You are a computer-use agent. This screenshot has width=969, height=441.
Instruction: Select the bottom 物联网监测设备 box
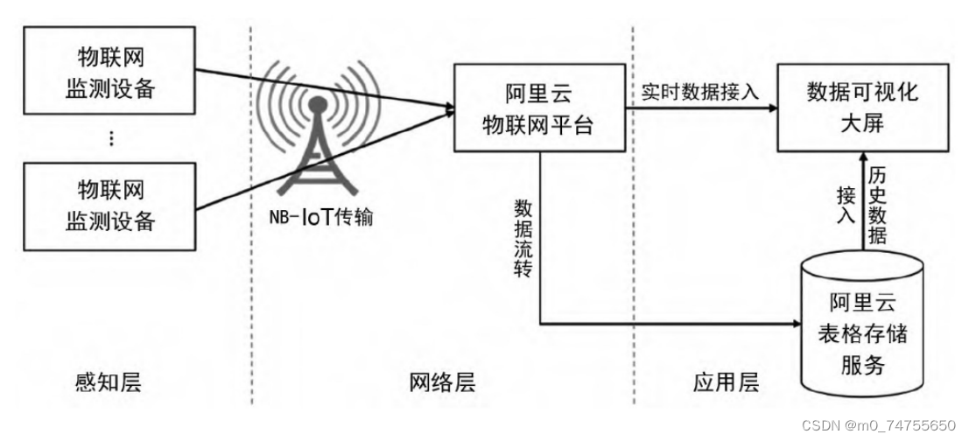point(109,206)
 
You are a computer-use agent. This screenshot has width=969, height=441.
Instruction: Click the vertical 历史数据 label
point(879,206)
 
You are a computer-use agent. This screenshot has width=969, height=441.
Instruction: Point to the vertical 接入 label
point(845,206)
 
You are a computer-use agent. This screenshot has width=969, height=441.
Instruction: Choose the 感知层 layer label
point(109,382)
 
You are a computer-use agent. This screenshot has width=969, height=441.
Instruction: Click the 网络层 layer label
point(445,382)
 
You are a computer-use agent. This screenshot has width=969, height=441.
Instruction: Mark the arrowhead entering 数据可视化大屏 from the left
point(773,108)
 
